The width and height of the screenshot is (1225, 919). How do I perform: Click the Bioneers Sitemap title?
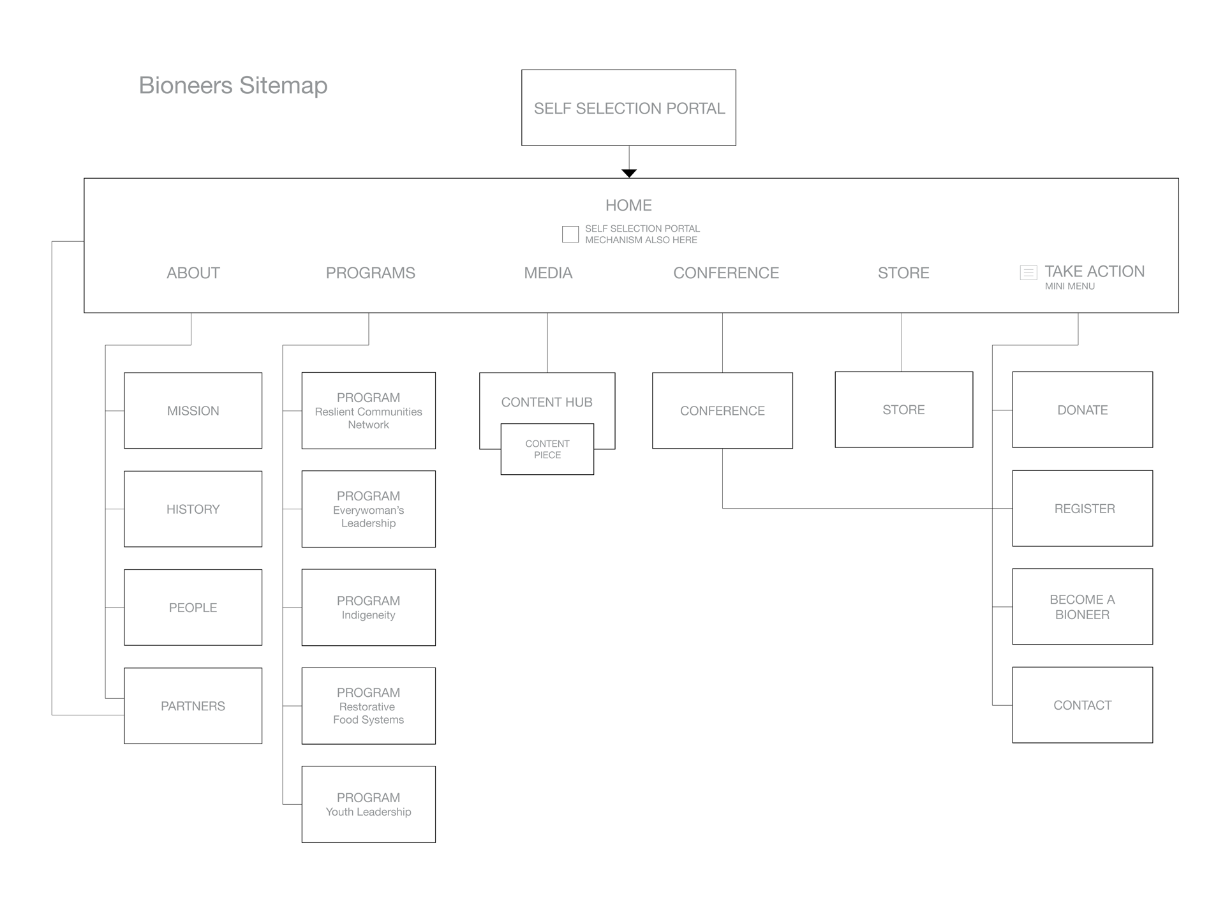tap(233, 86)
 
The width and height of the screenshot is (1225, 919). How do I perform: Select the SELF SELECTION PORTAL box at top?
tap(628, 108)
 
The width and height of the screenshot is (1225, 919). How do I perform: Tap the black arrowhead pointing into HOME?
tap(629, 173)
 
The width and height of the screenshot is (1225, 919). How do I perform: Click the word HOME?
tap(628, 205)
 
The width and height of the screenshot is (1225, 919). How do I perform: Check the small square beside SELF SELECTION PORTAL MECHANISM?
tap(570, 234)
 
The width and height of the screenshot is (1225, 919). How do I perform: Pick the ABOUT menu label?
tap(193, 273)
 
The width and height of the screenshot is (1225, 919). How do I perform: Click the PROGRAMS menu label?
tap(370, 273)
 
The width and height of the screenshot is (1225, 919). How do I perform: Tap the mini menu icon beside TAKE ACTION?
tap(1028, 273)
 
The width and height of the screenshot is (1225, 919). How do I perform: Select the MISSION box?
tap(193, 410)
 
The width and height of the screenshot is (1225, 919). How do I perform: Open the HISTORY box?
tap(193, 509)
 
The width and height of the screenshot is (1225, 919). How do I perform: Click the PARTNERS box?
tap(193, 706)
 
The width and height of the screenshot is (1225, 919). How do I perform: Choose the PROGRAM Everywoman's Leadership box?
tap(368, 509)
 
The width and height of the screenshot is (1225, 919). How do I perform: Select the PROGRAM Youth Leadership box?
tap(368, 804)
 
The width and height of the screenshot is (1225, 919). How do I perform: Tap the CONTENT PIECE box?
tap(547, 449)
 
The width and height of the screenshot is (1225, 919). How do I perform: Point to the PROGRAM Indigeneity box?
tap(368, 608)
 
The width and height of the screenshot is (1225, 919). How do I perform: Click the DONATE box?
tap(1082, 410)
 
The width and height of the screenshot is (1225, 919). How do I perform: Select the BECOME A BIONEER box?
tap(1082, 607)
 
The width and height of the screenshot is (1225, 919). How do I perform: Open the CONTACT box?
tap(1082, 705)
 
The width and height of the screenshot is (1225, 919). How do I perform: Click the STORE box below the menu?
tap(903, 410)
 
